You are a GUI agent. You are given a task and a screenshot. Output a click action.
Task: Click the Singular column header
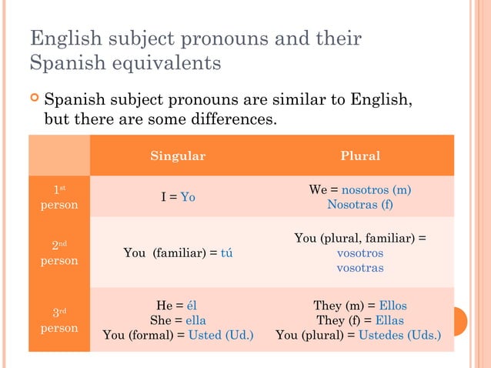178,156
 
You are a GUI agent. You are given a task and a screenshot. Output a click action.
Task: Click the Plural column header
360,156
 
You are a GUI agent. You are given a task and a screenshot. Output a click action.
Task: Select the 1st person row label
59,197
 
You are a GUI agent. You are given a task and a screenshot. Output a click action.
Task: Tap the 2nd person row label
59,253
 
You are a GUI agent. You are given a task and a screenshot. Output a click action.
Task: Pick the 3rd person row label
59,320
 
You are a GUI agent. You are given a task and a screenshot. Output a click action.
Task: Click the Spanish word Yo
188,197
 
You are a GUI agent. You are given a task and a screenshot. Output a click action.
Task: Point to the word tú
226,253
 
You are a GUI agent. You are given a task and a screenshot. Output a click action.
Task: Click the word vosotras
360,268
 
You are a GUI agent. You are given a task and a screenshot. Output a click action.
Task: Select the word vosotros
360,253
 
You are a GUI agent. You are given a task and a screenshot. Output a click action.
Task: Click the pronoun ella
195,320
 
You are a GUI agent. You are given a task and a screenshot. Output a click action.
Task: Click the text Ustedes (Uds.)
400,336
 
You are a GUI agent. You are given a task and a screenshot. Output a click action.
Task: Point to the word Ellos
392,305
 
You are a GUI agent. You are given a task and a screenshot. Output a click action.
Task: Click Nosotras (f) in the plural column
359,205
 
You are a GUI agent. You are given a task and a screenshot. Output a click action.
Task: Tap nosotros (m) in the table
376,189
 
